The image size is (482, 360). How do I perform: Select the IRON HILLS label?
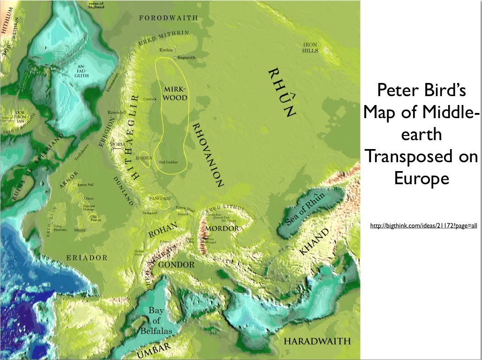point(310,47)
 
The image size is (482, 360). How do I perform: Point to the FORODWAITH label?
point(169,18)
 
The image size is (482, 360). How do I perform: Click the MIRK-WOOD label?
point(175,93)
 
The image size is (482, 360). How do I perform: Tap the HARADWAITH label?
point(317,341)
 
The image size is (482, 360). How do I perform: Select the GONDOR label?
point(176,265)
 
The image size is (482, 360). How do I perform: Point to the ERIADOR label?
point(87,258)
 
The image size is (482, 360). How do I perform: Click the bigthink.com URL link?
point(423,226)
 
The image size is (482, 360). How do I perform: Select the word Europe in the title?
point(422,178)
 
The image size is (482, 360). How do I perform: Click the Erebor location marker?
point(174,50)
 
